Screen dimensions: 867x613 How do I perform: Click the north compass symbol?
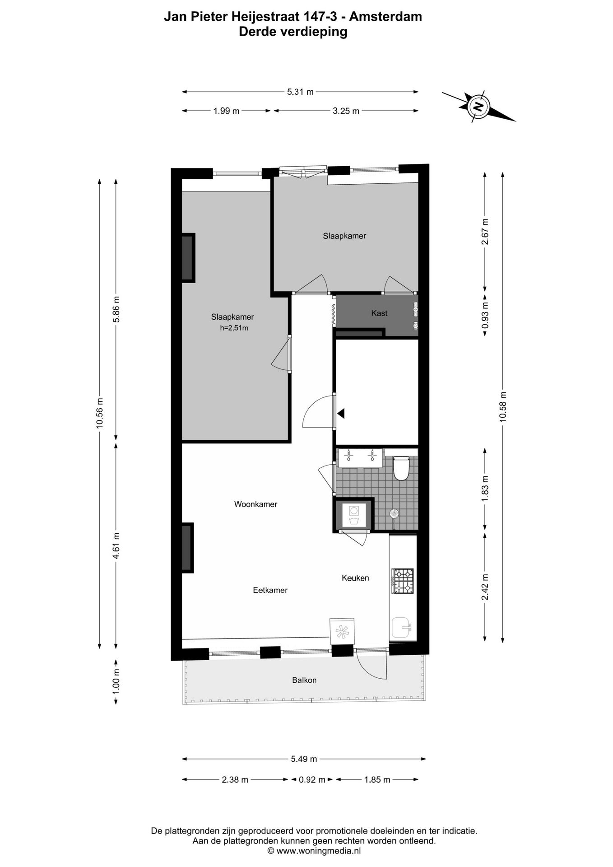478,107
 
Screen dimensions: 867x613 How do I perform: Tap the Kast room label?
379,313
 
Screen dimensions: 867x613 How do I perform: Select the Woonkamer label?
255,504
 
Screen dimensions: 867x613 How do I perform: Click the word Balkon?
304,680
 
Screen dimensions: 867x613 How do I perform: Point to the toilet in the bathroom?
401,468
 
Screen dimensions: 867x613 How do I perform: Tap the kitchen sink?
402,628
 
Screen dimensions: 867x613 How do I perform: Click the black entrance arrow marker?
341,413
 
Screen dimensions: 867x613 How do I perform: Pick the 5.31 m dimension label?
300,92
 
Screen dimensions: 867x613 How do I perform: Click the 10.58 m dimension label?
503,406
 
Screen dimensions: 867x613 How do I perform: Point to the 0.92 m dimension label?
312,780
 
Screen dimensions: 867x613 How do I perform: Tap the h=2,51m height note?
234,328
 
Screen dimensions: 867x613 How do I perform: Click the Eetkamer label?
270,590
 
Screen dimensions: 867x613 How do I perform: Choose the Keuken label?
355,578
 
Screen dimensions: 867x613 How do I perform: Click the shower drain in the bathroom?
394,514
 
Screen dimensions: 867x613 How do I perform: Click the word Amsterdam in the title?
385,17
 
